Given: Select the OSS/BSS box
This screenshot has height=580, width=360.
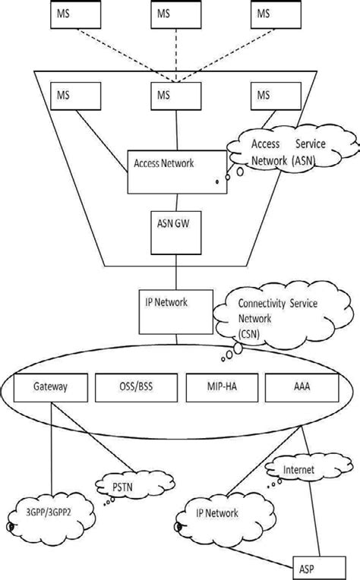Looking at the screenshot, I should tap(136, 387).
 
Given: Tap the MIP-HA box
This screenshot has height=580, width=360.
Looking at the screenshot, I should tap(221, 387).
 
